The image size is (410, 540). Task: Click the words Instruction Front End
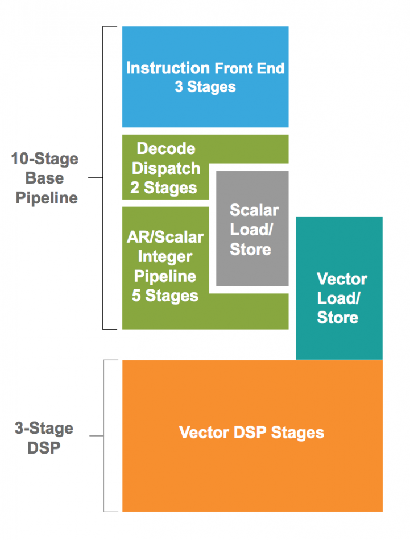coord(205,68)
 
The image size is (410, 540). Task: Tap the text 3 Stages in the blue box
coord(205,87)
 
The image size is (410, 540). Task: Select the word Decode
coord(166,148)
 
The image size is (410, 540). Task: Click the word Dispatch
coord(166,168)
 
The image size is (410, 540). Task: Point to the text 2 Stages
coord(164,188)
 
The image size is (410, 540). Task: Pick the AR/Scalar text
coord(165,237)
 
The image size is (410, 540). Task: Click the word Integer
coord(165,257)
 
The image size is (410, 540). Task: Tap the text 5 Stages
coord(165,296)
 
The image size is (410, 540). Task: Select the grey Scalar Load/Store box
coord(252,228)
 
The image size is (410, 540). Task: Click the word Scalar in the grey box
coord(254,210)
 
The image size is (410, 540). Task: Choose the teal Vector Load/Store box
coord(339,288)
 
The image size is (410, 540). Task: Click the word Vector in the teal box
coord(342,279)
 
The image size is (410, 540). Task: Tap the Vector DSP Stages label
coord(251,433)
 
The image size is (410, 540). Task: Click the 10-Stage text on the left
coord(45,159)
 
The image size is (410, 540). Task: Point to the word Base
coord(44,178)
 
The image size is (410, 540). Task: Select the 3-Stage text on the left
coord(44,429)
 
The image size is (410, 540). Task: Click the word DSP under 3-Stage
coord(44,448)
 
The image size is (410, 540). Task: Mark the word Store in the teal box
coord(338,317)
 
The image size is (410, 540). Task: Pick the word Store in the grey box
coord(250,249)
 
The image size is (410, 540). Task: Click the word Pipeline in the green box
coord(165,276)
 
